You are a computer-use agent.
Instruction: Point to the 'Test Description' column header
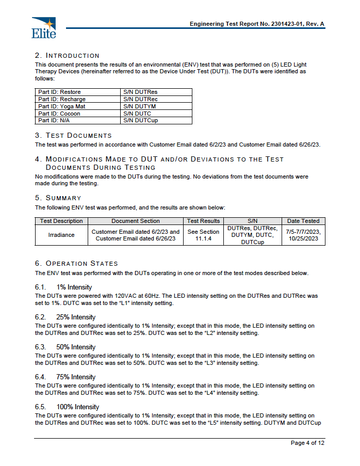(x=61, y=221)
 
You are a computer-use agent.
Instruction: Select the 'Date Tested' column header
(x=303, y=221)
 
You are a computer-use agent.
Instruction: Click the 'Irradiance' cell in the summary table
(x=61, y=235)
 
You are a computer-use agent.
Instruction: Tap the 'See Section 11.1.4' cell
(x=203, y=235)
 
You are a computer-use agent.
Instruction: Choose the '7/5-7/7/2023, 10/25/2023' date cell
(x=303, y=235)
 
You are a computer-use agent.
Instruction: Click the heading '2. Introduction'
(x=67, y=55)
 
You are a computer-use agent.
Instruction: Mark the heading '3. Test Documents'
(x=73, y=135)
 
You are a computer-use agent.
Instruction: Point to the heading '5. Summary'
(x=58, y=198)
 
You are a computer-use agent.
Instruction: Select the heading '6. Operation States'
(x=76, y=263)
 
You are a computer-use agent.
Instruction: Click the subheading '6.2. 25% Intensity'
(x=65, y=317)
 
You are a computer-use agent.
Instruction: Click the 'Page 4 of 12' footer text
(x=307, y=443)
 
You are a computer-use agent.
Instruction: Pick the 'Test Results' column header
(x=203, y=221)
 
